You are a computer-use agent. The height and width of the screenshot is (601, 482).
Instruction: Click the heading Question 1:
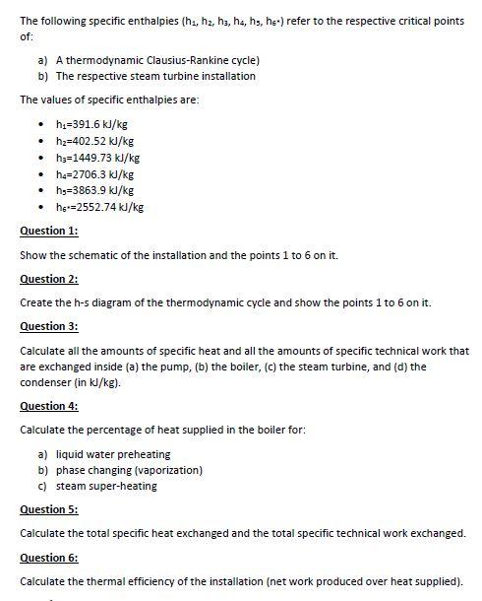pyautogui.click(x=48, y=231)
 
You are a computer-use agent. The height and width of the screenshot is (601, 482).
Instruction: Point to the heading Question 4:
pyautogui.click(x=48, y=406)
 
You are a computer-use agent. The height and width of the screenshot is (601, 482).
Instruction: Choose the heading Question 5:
pyautogui.click(x=48, y=509)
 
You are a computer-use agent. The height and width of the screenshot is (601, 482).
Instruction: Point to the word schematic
pyautogui.click(x=93, y=255)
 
